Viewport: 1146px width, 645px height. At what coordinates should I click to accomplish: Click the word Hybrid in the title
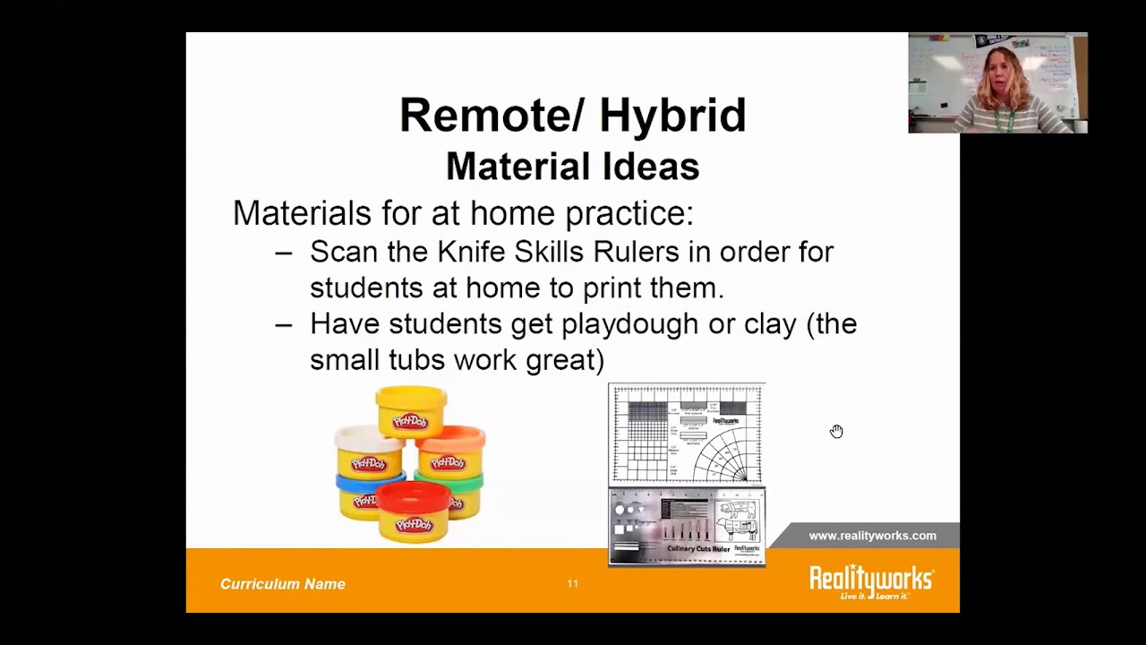tap(671, 116)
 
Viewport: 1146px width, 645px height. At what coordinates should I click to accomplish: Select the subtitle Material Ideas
tap(572, 167)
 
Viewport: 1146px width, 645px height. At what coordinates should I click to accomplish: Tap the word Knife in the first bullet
tap(471, 252)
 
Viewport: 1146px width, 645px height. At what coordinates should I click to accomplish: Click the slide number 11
tap(572, 584)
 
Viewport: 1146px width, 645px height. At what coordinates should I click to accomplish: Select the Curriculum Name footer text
tap(282, 584)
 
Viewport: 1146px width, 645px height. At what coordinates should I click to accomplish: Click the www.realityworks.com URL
tap(872, 536)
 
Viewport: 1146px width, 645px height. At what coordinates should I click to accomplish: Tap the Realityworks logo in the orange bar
tap(871, 581)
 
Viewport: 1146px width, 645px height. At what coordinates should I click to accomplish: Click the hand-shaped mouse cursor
tap(836, 432)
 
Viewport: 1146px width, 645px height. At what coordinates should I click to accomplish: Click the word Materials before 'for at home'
tap(302, 213)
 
